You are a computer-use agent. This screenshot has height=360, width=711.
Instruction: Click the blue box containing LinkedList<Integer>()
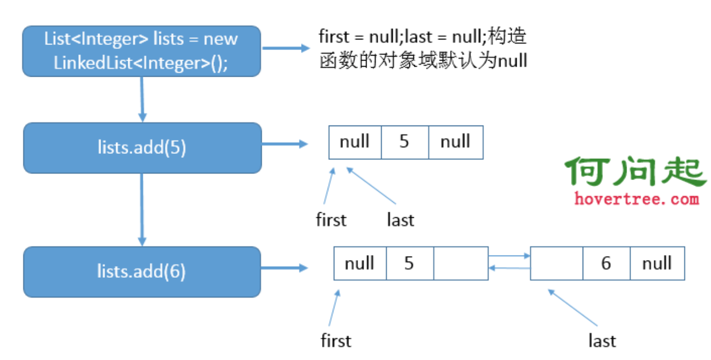pos(142,51)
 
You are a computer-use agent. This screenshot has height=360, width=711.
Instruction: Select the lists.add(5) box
pos(142,147)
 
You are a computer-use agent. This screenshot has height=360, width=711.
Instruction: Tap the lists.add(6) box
pos(142,271)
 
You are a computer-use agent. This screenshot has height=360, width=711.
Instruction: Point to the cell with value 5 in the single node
pos(404,142)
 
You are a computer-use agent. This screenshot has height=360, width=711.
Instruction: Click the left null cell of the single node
pos(355,142)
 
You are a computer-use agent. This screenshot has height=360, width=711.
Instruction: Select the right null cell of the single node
pos(455,142)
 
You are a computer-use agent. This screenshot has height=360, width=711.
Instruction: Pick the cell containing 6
pos(606,263)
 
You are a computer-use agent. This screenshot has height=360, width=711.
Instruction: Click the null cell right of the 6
pos(657,263)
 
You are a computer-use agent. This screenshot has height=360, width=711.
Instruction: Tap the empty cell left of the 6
pos(557,263)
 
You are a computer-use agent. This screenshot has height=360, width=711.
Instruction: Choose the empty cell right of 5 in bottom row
pos(460,263)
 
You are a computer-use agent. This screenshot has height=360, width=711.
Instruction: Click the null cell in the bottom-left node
pos(360,263)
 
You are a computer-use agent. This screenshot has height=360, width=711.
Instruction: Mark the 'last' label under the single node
pos(400,221)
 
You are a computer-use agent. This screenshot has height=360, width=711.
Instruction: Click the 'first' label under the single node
pos(331,220)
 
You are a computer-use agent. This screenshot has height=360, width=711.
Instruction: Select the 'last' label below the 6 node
pos(602,341)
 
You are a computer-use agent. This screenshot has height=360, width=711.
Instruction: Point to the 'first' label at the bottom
pos(336,340)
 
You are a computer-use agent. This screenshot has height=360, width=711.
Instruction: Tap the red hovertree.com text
pos(637,198)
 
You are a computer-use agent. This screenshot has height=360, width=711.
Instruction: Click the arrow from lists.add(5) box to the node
pos(284,144)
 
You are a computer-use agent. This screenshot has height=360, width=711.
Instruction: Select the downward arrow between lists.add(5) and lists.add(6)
pos(142,209)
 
